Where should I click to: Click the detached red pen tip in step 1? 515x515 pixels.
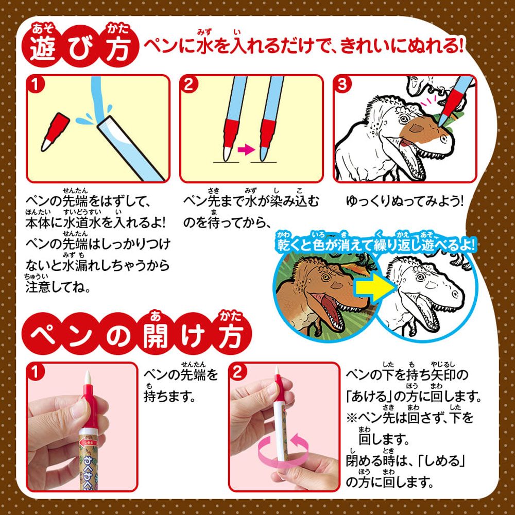click(55, 132)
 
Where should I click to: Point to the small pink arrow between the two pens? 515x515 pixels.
click(246, 150)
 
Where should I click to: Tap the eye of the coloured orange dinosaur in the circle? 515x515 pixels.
click(326, 277)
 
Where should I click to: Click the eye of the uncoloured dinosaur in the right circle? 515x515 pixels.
click(421, 277)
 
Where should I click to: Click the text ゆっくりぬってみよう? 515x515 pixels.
click(405, 201)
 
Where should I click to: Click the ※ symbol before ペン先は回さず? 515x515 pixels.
click(352, 418)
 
